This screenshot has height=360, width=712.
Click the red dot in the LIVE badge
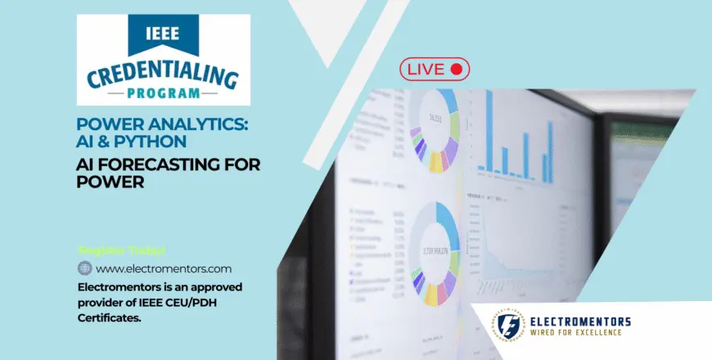457,70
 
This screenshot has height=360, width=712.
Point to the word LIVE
426,70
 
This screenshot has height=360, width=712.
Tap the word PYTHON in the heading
155,140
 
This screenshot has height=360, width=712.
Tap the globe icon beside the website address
85,268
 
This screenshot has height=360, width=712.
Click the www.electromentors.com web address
164,268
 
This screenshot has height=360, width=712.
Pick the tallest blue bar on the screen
489,132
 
